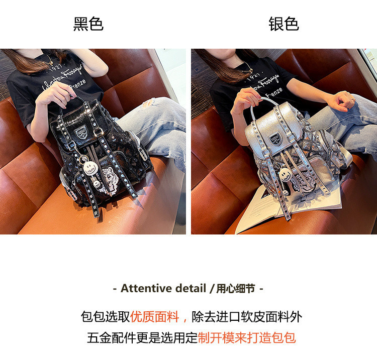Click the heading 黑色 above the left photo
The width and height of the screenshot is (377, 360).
coord(88,24)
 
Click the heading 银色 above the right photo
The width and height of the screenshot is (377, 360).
coord(284,24)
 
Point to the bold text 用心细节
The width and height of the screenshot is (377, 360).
coord(236,289)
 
